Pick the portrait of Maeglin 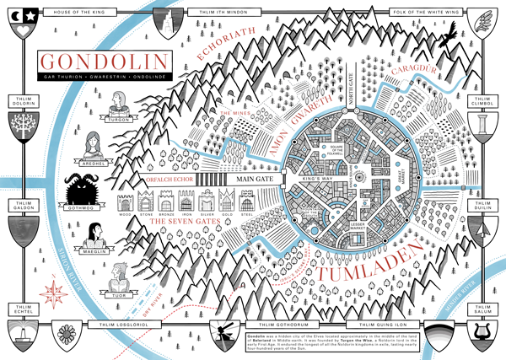95,231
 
